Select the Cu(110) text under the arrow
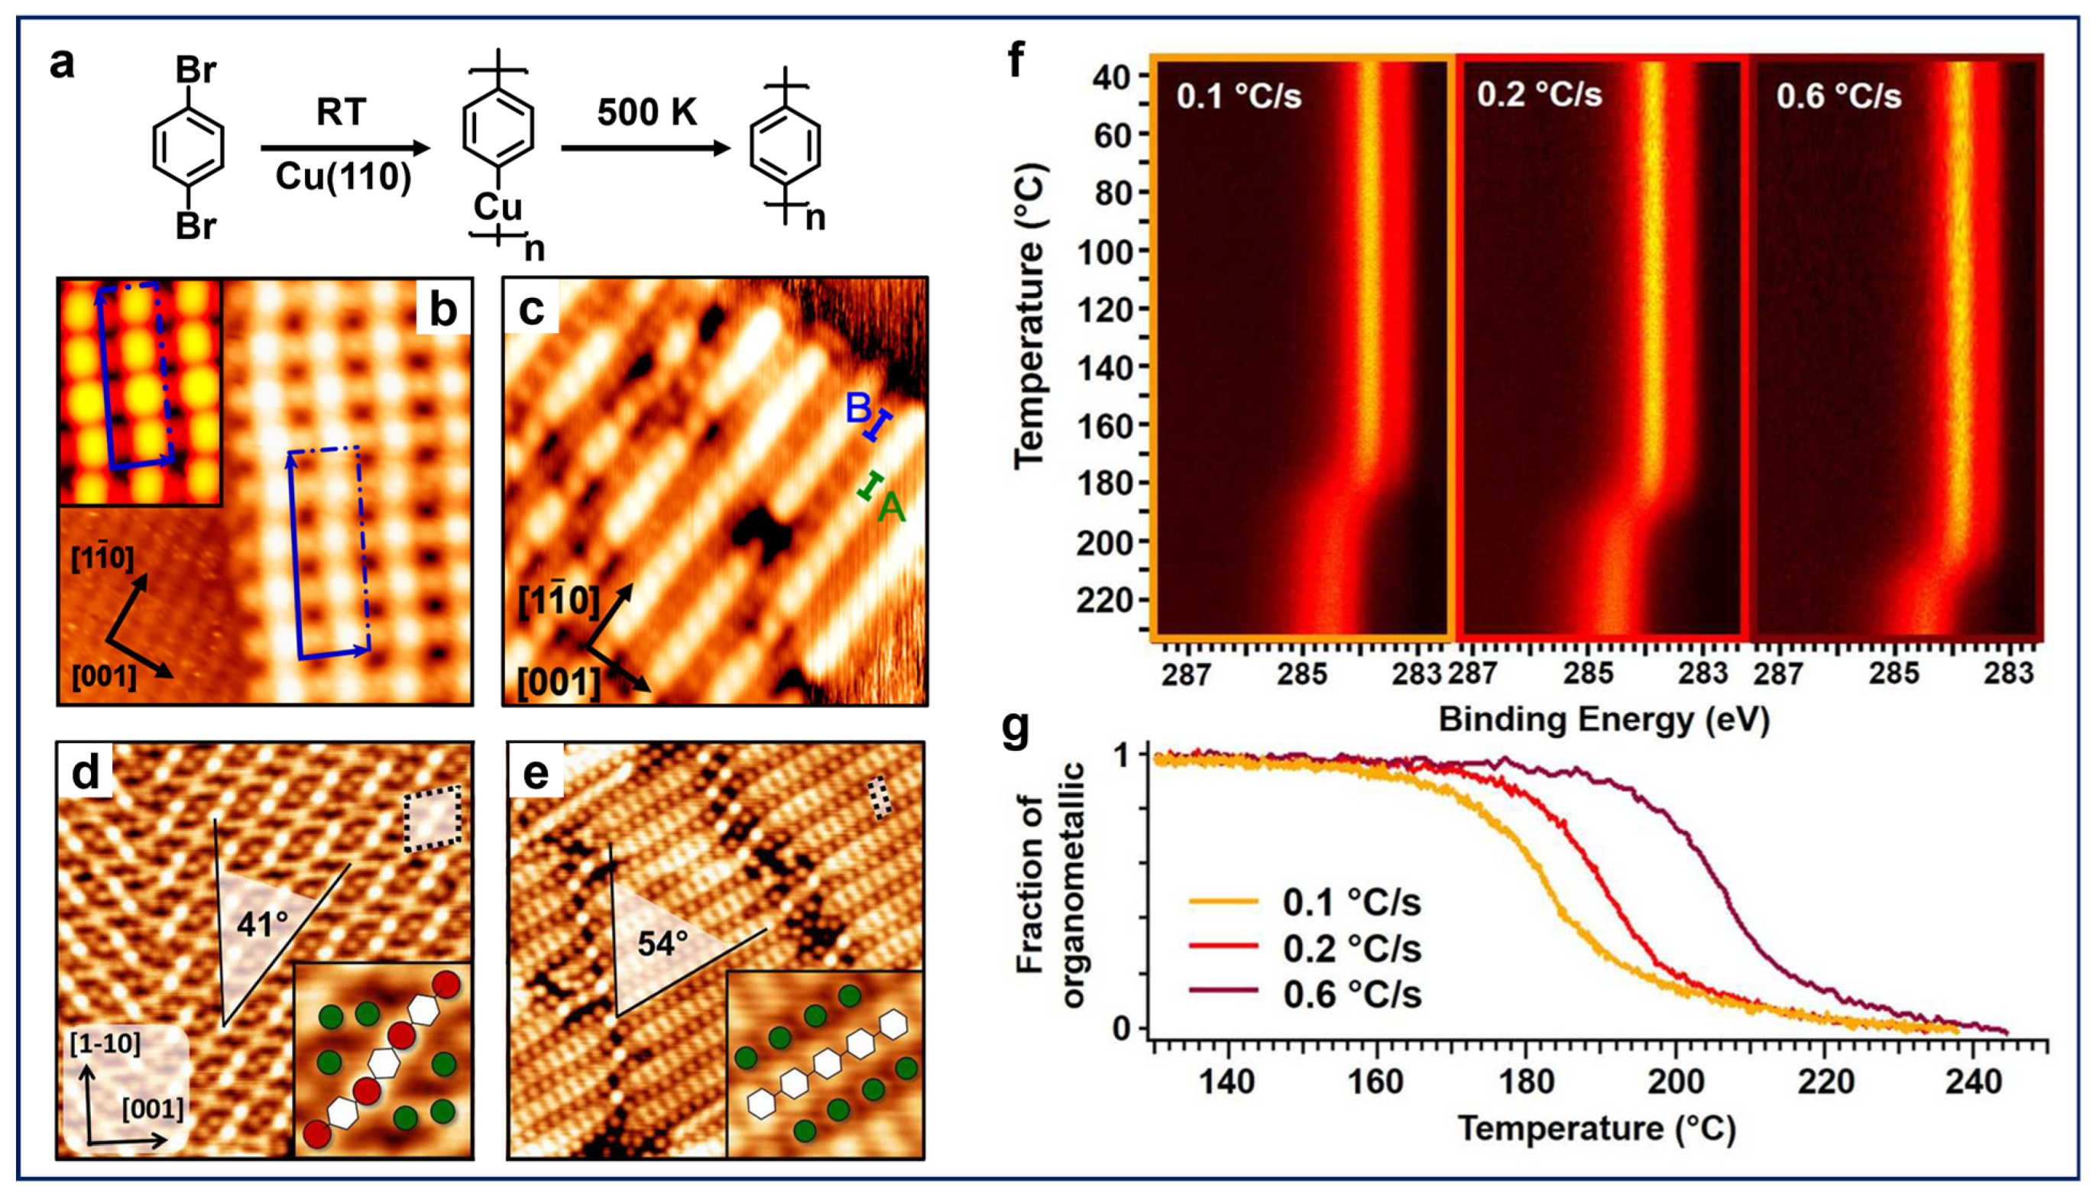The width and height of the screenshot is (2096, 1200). click(x=343, y=176)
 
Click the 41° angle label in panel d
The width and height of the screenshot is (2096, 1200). click(x=262, y=925)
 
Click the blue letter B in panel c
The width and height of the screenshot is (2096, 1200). click(x=858, y=408)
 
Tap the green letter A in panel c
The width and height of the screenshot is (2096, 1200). click(x=891, y=508)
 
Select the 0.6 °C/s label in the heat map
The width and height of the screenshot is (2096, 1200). click(x=1838, y=96)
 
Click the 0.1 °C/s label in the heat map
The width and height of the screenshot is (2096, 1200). click(x=1239, y=96)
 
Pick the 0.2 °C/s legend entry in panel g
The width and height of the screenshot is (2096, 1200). click(x=1352, y=949)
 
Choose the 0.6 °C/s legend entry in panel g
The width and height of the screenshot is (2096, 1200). click(x=1352, y=995)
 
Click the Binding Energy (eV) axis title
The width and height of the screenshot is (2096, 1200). click(x=1604, y=720)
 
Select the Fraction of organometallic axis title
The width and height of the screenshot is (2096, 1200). click(x=1050, y=885)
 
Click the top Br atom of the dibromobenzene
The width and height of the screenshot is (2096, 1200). click(x=196, y=71)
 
